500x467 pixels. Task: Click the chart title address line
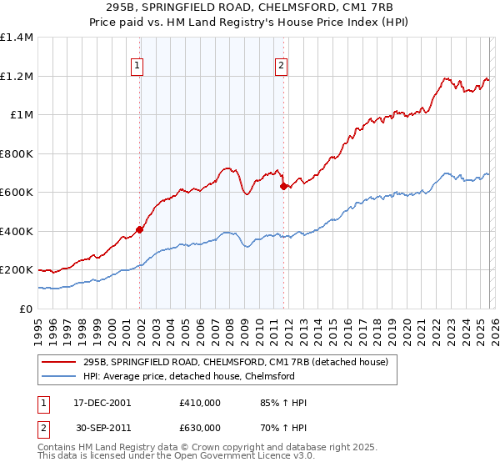pos(249,8)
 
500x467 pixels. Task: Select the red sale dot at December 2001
pos(140,229)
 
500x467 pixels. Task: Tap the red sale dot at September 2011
pos(283,187)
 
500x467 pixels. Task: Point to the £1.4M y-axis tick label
pos(17,38)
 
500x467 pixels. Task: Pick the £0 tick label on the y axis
pos(27,309)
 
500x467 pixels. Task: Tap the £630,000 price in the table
pos(200,428)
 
